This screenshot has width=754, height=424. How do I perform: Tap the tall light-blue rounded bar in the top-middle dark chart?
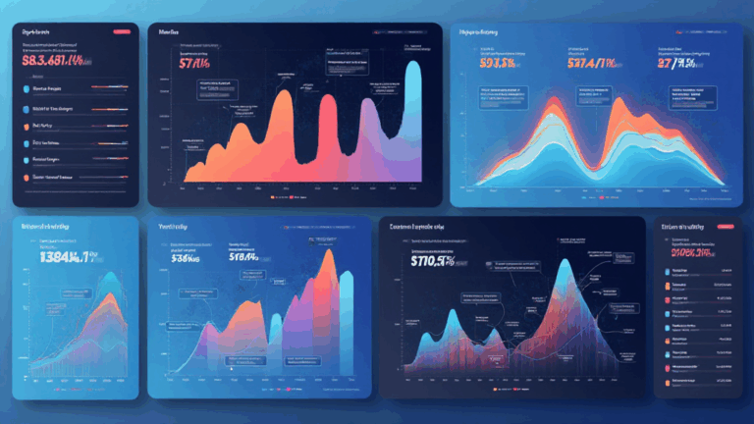(414, 118)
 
